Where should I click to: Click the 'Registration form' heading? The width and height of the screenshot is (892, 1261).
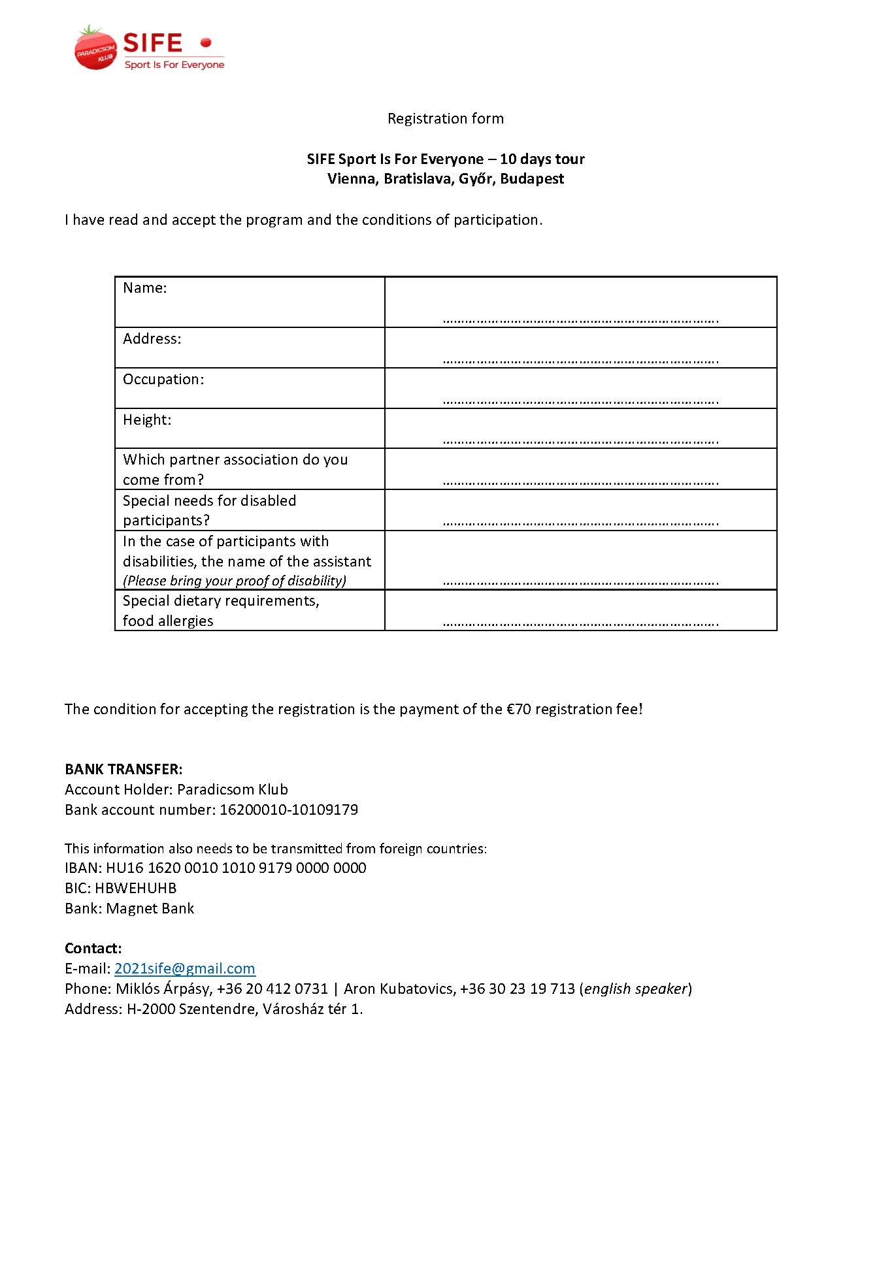click(x=445, y=118)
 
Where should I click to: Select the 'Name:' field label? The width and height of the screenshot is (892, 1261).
click(x=145, y=288)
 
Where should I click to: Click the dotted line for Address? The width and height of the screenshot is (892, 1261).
click(x=580, y=360)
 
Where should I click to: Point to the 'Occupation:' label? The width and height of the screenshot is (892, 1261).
click(x=163, y=380)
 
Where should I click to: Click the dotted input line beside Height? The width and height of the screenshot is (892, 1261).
click(x=580, y=441)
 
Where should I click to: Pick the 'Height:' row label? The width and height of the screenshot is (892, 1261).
click(x=147, y=420)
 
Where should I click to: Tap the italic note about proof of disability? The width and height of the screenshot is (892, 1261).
click(x=235, y=581)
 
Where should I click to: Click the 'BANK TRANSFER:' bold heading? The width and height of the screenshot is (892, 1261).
click(x=124, y=769)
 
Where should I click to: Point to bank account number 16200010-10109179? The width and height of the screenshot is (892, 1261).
click(x=289, y=810)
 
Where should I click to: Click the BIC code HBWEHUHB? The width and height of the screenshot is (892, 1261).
click(x=136, y=889)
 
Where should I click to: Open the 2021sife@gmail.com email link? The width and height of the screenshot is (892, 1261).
click(x=185, y=969)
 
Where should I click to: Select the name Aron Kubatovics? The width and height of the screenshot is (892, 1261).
click(x=399, y=989)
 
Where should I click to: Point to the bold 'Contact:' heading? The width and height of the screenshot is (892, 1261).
click(x=93, y=949)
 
